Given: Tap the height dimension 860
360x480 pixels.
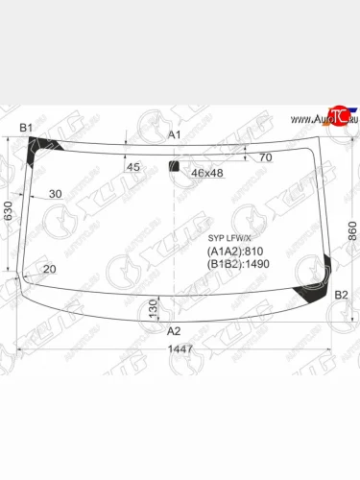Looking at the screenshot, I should [x=350, y=230].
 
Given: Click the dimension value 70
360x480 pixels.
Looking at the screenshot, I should [x=265, y=157].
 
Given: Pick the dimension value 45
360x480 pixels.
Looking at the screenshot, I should [x=133, y=167].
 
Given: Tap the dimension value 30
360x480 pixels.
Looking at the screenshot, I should [x=55, y=195].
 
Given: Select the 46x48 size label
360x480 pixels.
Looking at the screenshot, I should [x=205, y=174].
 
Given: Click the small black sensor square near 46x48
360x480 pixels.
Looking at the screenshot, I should [x=174, y=167].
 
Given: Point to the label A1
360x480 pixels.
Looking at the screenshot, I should [x=175, y=135].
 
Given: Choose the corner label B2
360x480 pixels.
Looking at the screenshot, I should [x=341, y=296].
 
